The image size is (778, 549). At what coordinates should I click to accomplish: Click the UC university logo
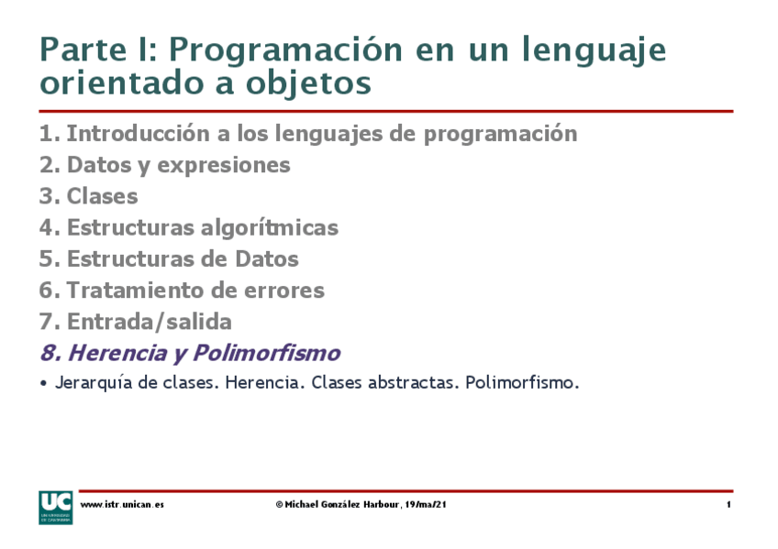(55, 507)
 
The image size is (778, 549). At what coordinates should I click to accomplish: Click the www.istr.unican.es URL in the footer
(122, 505)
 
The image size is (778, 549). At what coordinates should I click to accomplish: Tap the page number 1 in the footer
(728, 505)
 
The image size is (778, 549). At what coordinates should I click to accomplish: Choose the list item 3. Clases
(89, 196)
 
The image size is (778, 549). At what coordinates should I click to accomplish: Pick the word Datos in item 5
(267, 259)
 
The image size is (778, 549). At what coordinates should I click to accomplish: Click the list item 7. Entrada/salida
(136, 322)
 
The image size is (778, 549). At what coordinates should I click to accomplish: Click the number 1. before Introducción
(50, 134)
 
